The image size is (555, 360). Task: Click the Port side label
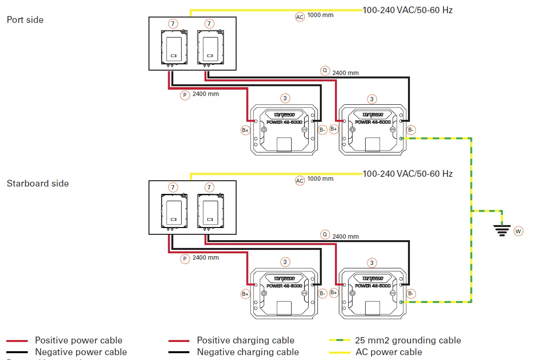(25, 20)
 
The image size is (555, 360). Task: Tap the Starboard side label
(38, 184)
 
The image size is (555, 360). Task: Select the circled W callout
(518, 231)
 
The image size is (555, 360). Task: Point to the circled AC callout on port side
(300, 17)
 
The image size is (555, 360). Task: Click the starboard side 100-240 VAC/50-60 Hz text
(407, 174)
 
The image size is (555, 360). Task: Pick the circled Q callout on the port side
(325, 71)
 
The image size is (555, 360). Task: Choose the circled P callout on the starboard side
(185, 259)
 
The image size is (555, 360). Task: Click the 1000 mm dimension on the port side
(321, 15)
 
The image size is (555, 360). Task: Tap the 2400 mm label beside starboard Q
(346, 237)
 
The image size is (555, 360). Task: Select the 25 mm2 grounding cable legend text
(408, 341)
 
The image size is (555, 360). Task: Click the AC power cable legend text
(389, 352)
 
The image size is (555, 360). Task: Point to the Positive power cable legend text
(78, 341)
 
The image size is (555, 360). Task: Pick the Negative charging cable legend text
(248, 352)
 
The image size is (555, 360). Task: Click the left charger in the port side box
(173, 48)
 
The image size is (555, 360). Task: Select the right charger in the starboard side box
(209, 211)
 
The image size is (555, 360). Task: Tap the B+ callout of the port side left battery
(245, 130)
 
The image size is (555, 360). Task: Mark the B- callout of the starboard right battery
(411, 293)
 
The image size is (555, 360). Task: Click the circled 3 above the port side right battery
(372, 99)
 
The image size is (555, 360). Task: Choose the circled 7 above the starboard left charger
(173, 188)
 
